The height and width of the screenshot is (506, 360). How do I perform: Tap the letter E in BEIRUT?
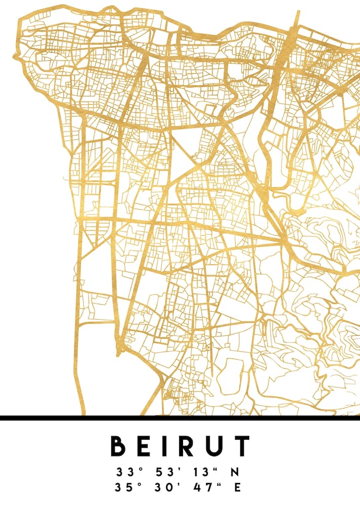click(x=145, y=446)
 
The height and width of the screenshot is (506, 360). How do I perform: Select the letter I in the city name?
click(x=167, y=446)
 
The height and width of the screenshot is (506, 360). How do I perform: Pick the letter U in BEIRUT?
click(x=216, y=446)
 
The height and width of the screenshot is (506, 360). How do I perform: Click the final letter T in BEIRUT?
click(x=242, y=446)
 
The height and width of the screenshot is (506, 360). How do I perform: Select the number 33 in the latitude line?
click(x=123, y=473)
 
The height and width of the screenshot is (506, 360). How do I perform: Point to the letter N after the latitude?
click(x=235, y=473)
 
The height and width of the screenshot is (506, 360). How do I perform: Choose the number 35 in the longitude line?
click(x=123, y=488)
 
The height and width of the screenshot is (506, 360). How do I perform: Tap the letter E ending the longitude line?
click(x=235, y=488)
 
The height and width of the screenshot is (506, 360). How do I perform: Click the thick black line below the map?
click(x=180, y=418)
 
